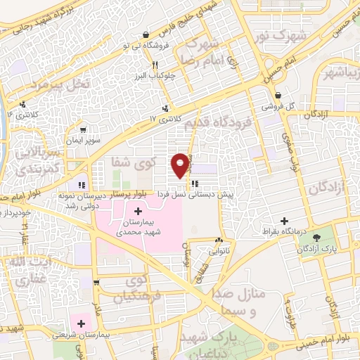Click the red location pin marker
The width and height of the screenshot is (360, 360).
coord(181,165)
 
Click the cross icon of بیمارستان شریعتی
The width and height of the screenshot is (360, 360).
coord(82,323)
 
